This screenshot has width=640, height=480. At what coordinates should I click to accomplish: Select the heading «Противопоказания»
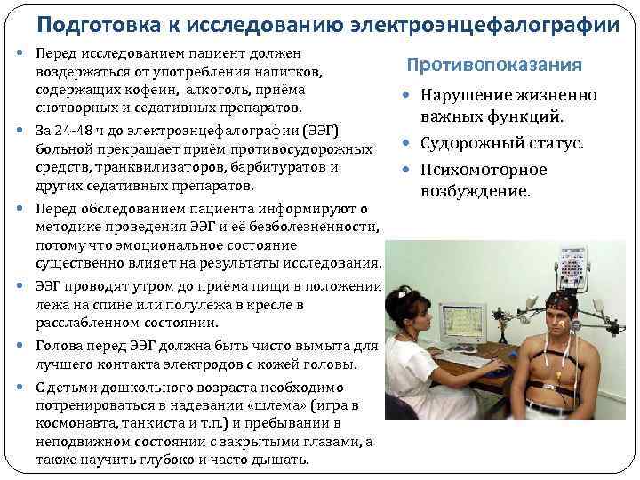pos(494,66)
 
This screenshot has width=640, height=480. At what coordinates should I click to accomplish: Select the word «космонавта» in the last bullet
pos(74,422)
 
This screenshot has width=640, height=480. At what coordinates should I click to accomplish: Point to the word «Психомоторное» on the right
pos(484,170)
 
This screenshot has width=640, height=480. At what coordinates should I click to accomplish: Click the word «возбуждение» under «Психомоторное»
pos(475,191)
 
